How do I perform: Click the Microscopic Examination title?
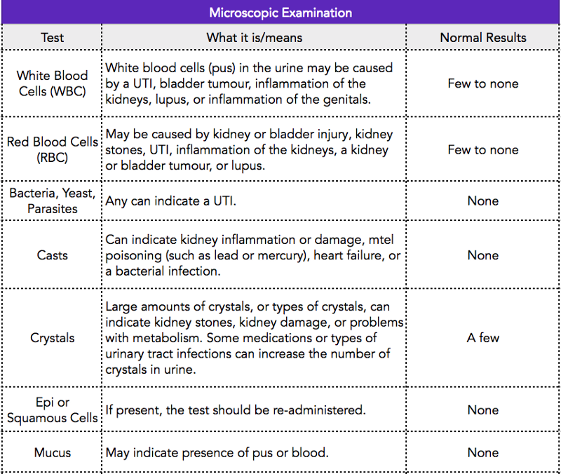(x=280, y=13)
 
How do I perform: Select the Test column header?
(x=52, y=38)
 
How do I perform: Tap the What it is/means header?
(x=255, y=38)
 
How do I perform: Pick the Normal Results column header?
(x=483, y=38)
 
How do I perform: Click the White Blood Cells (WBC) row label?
(x=52, y=83)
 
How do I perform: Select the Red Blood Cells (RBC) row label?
(x=52, y=149)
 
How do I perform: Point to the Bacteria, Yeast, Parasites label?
(x=52, y=201)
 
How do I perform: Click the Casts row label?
(x=52, y=255)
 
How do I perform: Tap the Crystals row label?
(x=52, y=338)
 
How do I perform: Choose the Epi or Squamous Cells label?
(x=52, y=410)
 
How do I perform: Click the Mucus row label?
(x=52, y=452)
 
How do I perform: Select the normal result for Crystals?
(x=483, y=338)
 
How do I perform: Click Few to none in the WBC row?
(x=483, y=83)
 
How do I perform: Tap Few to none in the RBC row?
(x=483, y=149)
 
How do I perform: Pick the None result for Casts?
(x=483, y=255)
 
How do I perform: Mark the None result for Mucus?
(x=483, y=452)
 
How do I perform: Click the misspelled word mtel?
(x=381, y=240)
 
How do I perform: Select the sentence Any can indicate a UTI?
(x=170, y=201)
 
